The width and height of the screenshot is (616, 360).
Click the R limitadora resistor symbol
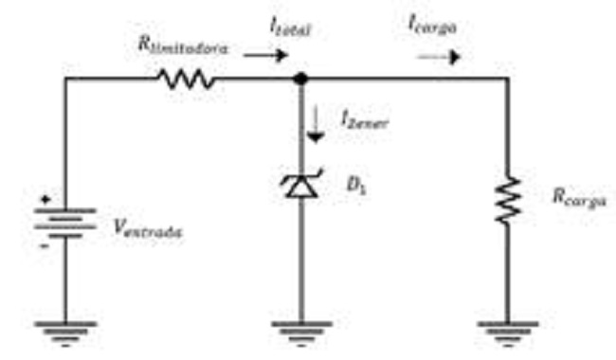(x=187, y=80)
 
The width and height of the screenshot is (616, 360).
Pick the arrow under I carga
(x=439, y=56)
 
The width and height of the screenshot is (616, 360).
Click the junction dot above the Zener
(x=301, y=80)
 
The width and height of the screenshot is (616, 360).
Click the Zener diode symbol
(x=301, y=186)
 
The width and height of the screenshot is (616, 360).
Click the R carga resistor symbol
(x=507, y=200)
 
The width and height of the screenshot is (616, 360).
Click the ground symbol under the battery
(x=64, y=331)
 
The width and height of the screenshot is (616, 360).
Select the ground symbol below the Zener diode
(x=301, y=331)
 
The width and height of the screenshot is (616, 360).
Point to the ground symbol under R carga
(x=507, y=331)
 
